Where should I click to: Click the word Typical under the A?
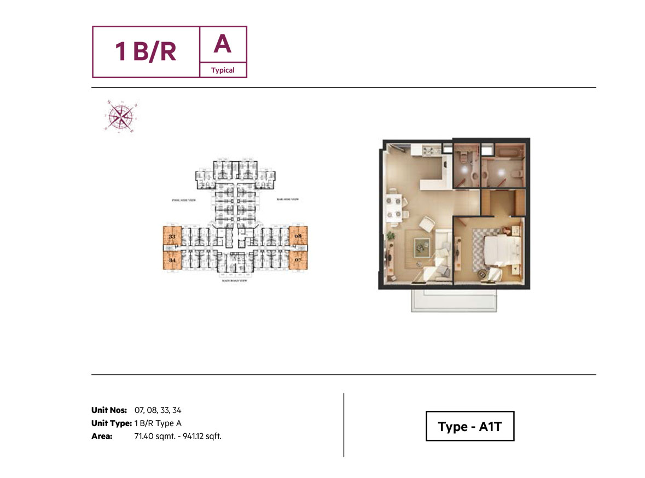pos(223,70)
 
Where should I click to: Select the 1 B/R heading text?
pos(146,52)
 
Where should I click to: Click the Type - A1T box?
pos(470,427)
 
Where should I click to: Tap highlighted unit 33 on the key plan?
pos(172,238)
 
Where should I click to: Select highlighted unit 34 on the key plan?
pos(172,260)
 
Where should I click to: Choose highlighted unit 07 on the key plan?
pos(298,260)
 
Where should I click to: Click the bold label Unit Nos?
pos(109,410)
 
